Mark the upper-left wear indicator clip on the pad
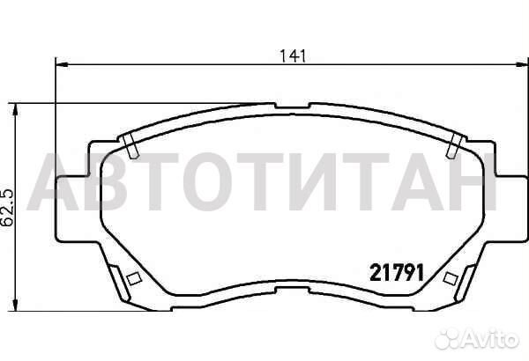(x=130, y=148)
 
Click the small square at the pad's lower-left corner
(x=134, y=280)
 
